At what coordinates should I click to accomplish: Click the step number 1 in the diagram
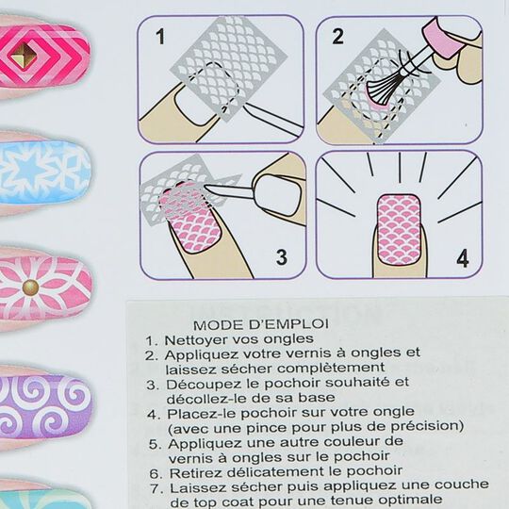160,38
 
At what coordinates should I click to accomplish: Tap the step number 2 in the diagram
337,39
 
